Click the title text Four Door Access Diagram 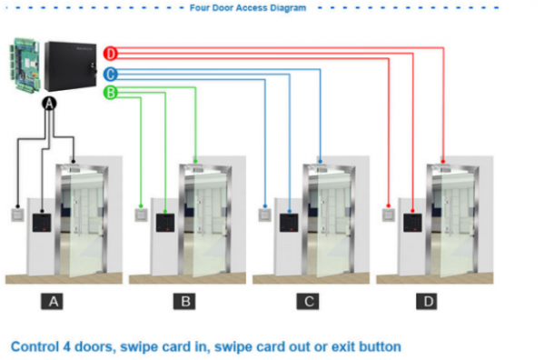247,6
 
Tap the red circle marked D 110,54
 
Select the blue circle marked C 110,74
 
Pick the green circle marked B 110,93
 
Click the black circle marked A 50,105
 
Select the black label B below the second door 184,301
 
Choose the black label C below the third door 310,301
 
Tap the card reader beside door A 42,223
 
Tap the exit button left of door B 141,216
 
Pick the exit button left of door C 264,216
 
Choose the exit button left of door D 388,216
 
